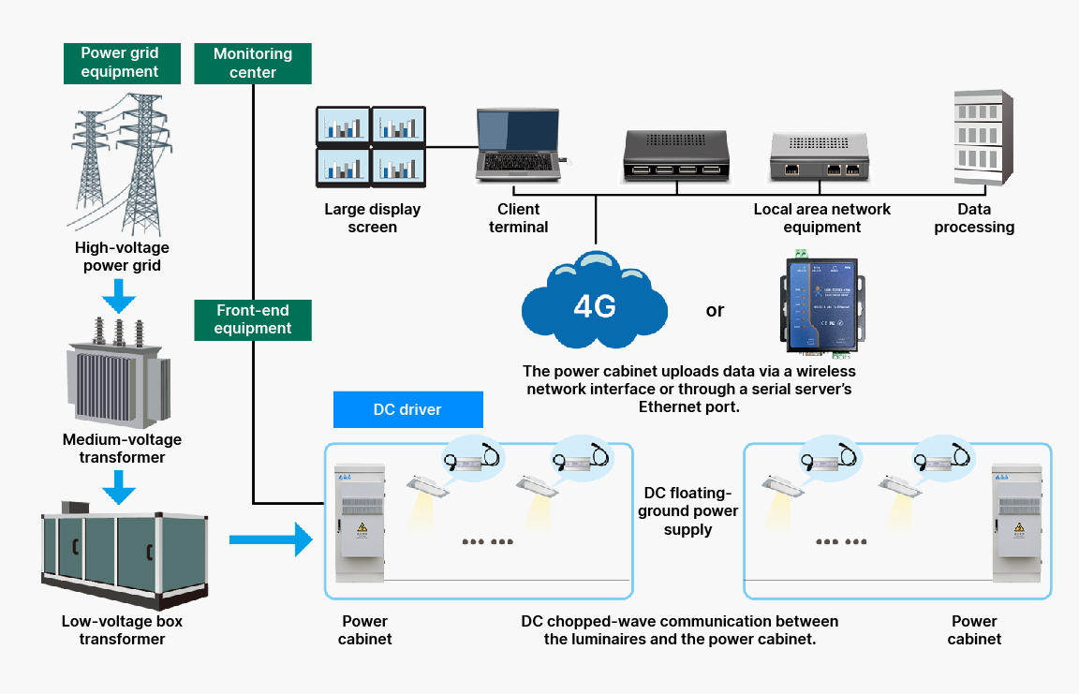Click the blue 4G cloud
click(x=594, y=302)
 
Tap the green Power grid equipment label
click(x=119, y=63)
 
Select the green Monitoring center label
click(x=253, y=63)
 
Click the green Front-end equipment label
click(x=253, y=319)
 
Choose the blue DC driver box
click(x=407, y=409)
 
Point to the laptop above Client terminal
click(x=518, y=145)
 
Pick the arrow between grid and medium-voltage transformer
click(x=119, y=297)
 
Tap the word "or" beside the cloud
click(x=715, y=310)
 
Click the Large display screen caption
click(x=373, y=218)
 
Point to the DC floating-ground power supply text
click(x=688, y=511)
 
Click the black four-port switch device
click(x=673, y=155)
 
